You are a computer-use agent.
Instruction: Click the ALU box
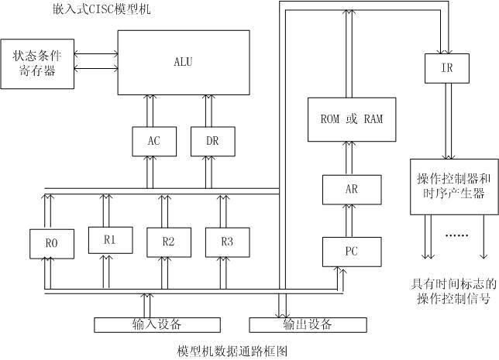click(184, 62)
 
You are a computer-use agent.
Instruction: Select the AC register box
click(153, 140)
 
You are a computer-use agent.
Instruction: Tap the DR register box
click(212, 140)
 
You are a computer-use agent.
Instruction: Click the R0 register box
click(50, 242)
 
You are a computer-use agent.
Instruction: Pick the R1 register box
click(109, 240)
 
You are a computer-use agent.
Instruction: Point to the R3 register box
click(226, 242)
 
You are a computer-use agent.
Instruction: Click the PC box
click(352, 252)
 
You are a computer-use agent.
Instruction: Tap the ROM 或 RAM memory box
click(352, 119)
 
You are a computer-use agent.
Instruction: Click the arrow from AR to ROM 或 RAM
click(352, 158)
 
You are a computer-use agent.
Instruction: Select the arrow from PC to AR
click(352, 221)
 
